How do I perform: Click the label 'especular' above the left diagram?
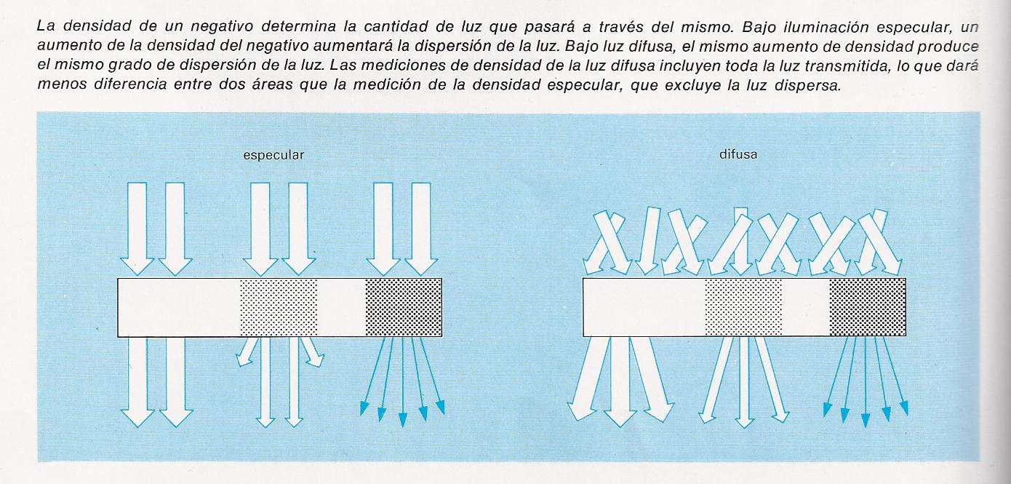click(x=273, y=155)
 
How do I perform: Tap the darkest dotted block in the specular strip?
click(x=404, y=306)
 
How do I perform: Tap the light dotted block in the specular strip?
click(x=279, y=306)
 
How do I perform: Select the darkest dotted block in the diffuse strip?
click(x=868, y=306)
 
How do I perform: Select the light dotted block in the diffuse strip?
click(x=743, y=306)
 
